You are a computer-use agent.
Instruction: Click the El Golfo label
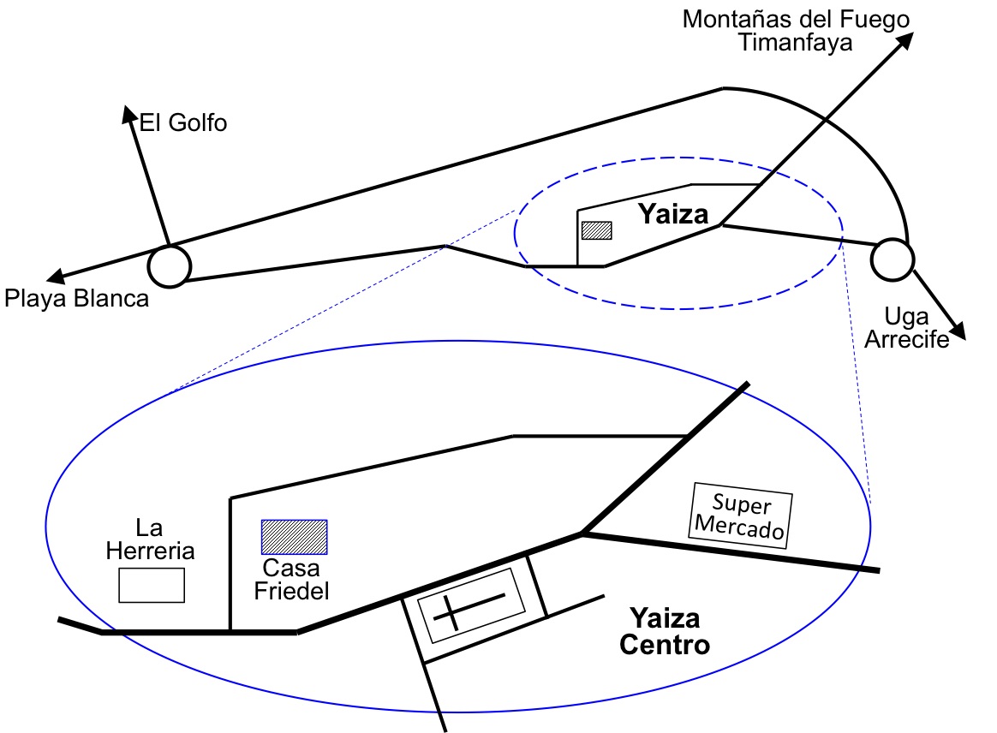183,123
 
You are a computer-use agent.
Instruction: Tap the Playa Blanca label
76,299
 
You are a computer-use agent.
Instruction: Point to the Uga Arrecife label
906,330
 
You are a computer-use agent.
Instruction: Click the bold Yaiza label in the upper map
674,214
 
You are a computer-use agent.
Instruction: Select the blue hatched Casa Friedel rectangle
294,537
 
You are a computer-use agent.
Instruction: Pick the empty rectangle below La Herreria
151,586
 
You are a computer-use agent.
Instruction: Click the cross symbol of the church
469,607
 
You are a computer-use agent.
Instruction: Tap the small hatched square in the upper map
596,230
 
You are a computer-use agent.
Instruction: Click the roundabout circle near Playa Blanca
169,265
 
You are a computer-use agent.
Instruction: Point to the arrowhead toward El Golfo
128,112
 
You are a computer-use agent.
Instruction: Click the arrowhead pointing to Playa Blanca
55,277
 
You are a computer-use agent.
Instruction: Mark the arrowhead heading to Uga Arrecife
959,332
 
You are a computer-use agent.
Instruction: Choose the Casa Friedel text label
291,580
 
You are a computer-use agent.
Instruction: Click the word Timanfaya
796,43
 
